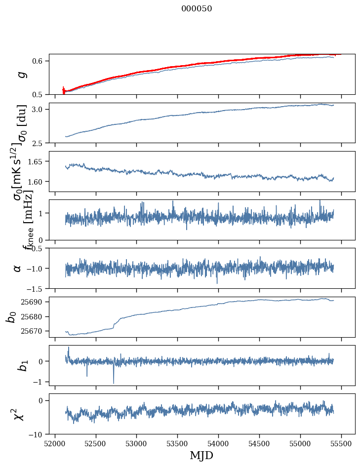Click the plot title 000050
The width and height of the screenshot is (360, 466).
pos(197,9)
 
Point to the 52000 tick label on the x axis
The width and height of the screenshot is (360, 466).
pos(55,443)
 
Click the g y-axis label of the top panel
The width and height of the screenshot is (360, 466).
pos(21,75)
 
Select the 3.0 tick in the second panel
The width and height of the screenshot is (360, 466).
pos(40,109)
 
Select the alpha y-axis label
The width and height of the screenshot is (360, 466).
pos(17,268)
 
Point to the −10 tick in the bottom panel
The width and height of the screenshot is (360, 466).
pos(38,434)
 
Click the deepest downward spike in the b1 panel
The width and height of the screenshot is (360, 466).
pos(114,383)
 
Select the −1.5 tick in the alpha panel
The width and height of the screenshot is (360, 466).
pos(38,288)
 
